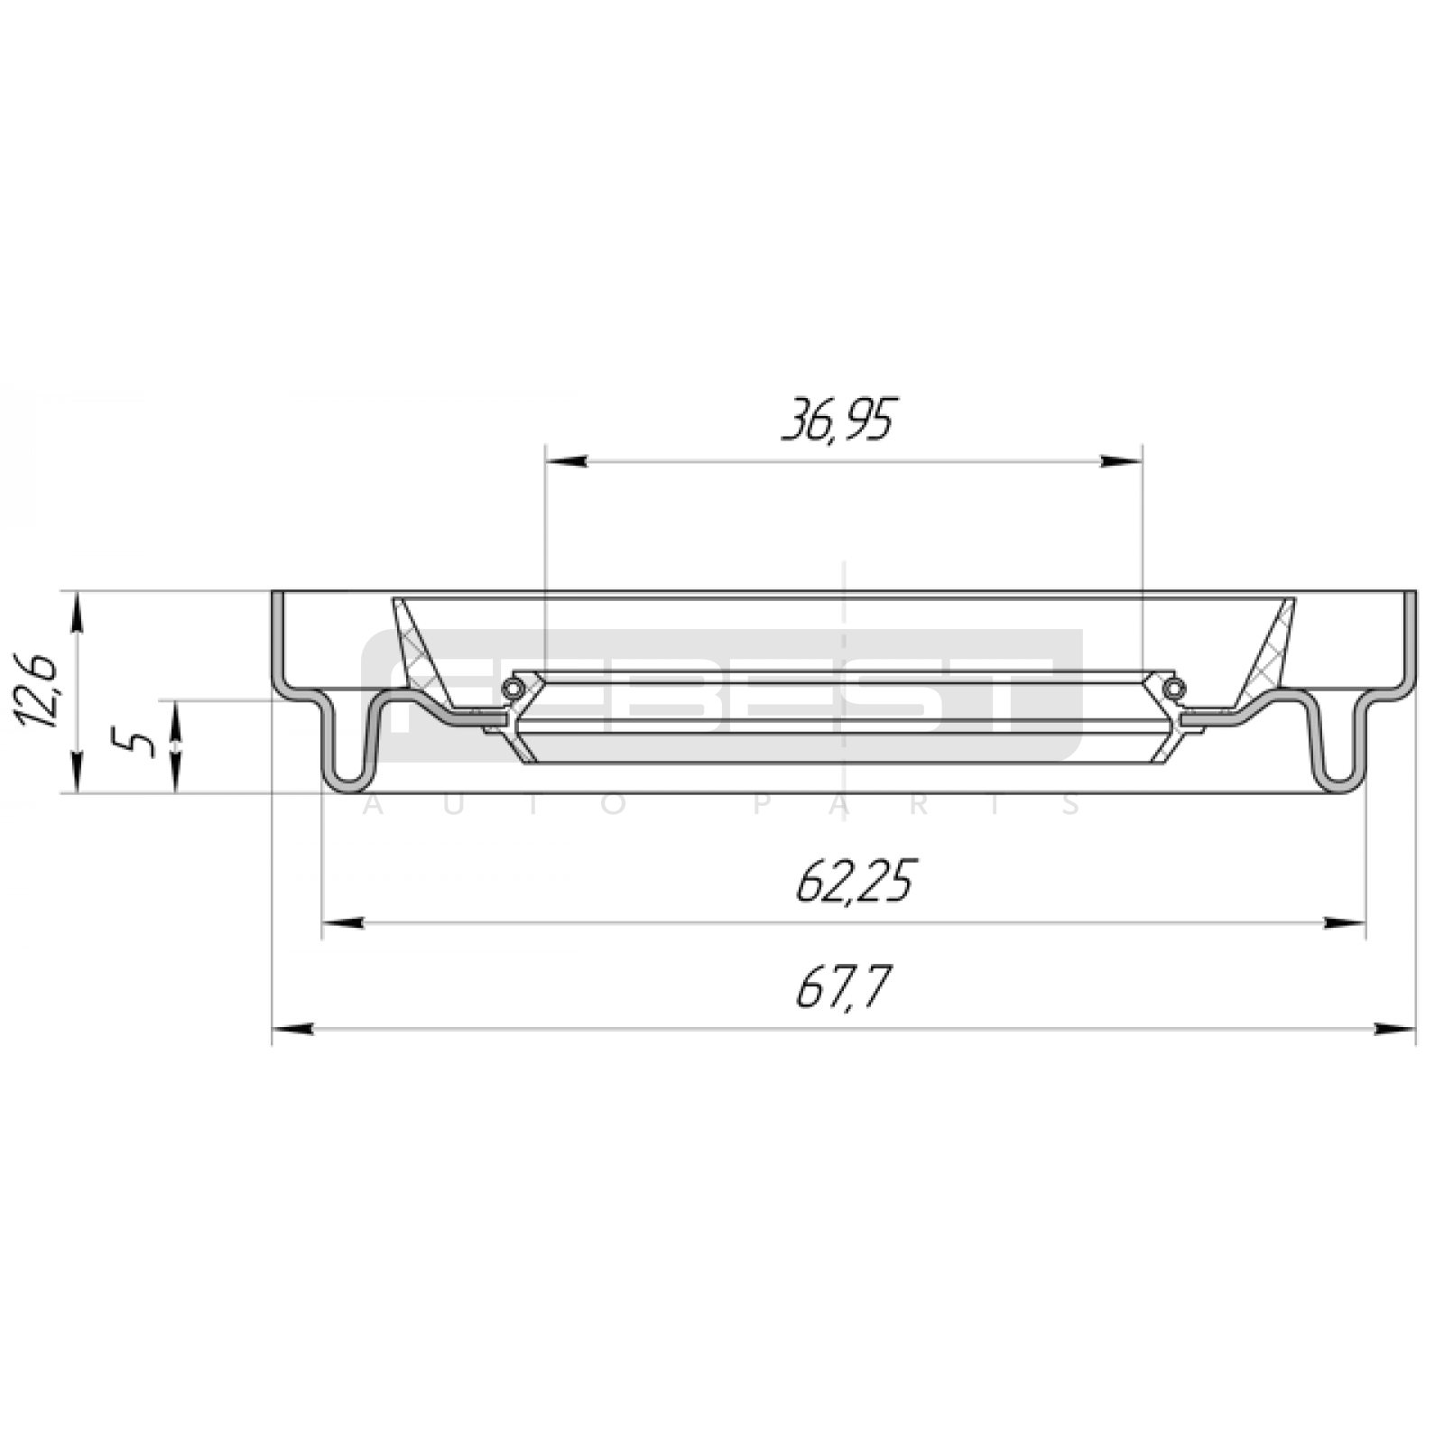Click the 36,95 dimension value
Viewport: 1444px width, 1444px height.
(838, 421)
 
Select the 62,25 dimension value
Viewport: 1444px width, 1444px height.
(854, 881)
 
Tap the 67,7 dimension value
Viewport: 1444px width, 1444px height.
(843, 987)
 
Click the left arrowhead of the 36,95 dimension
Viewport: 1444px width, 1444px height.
(567, 461)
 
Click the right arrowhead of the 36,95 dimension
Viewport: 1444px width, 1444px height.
(1120, 461)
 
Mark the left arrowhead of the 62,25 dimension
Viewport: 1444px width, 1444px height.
(344, 922)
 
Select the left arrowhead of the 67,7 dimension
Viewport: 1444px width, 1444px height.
(293, 1029)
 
